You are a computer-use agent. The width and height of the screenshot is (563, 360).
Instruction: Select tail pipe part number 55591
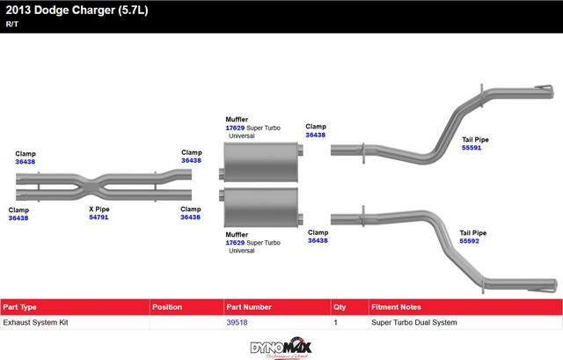click(x=472, y=148)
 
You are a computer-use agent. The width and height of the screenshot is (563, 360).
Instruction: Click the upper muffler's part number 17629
click(x=235, y=128)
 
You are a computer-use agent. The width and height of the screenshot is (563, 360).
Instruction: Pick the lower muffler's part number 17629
click(x=235, y=242)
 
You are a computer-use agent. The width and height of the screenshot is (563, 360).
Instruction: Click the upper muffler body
click(x=260, y=164)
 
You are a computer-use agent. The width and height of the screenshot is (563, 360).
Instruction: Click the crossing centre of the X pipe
click(x=99, y=187)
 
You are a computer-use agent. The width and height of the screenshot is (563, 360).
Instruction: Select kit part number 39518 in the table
click(x=238, y=323)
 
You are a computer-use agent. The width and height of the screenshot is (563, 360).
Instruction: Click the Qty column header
click(x=340, y=307)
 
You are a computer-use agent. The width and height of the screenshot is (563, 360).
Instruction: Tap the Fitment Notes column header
click(x=396, y=307)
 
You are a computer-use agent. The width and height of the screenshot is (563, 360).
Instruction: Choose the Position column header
click(x=166, y=307)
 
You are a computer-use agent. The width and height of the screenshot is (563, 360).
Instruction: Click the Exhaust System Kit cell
click(x=34, y=323)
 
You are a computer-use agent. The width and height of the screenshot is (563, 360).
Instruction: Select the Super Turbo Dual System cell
click(x=413, y=323)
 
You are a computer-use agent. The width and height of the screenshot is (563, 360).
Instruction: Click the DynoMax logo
click(x=281, y=347)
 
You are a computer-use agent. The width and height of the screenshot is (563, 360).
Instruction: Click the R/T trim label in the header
click(x=11, y=24)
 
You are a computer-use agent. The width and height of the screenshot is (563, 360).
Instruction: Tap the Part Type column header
click(x=20, y=307)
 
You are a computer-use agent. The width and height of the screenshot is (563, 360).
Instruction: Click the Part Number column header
click(x=250, y=307)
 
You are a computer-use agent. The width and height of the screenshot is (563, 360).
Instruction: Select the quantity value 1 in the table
click(x=336, y=323)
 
